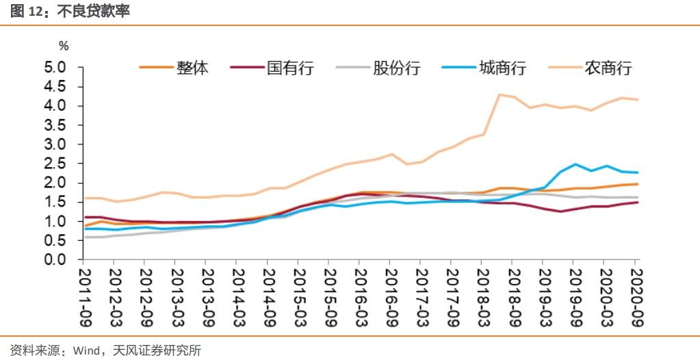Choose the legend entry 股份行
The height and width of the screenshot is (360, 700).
point(396,68)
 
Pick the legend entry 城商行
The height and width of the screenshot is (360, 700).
point(502,68)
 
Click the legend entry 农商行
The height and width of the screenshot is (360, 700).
point(608,68)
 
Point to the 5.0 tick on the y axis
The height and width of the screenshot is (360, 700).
point(55,68)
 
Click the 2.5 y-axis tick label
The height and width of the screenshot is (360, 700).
point(55,164)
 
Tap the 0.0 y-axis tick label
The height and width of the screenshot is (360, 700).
point(55,260)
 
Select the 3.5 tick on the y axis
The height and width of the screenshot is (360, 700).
point(55,126)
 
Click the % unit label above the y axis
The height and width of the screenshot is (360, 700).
point(64,47)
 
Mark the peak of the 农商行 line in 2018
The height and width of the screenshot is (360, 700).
point(500,94)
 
